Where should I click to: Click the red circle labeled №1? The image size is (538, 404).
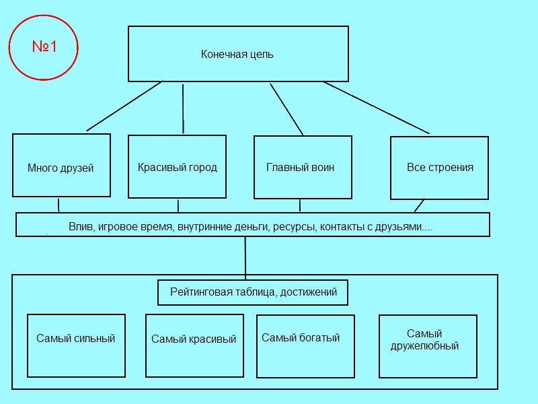tap(44, 47)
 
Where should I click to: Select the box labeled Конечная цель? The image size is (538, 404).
tap(238, 54)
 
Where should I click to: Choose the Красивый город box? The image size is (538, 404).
tap(177, 166)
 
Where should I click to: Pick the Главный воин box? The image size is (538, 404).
tap(303, 167)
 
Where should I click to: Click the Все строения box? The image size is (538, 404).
tap(439, 168)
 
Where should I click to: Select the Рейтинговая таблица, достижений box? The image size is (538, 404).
tap(253, 292)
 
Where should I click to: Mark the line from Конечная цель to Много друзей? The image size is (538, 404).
tap(124, 106)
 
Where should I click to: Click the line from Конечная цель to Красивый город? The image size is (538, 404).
tap(183, 108)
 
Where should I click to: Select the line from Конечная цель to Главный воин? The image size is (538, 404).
tap(286, 109)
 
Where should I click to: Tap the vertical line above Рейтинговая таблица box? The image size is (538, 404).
tap(245, 258)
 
